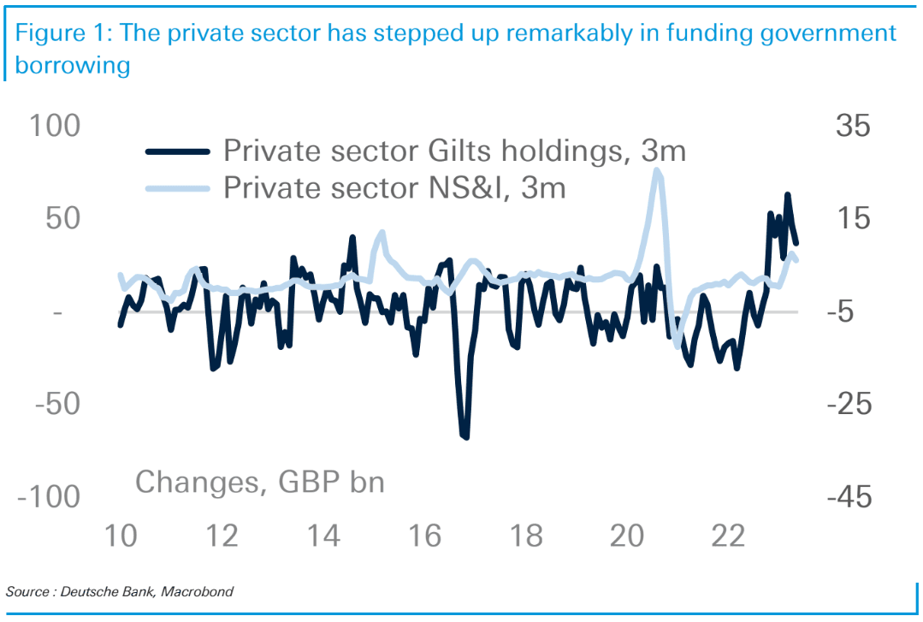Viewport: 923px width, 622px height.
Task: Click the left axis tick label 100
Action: (56, 126)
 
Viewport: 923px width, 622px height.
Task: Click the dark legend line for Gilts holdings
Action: (177, 151)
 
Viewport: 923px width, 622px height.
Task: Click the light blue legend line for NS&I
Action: (177, 187)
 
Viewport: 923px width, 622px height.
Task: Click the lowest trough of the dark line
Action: (465, 437)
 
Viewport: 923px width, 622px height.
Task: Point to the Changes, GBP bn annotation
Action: (260, 482)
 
